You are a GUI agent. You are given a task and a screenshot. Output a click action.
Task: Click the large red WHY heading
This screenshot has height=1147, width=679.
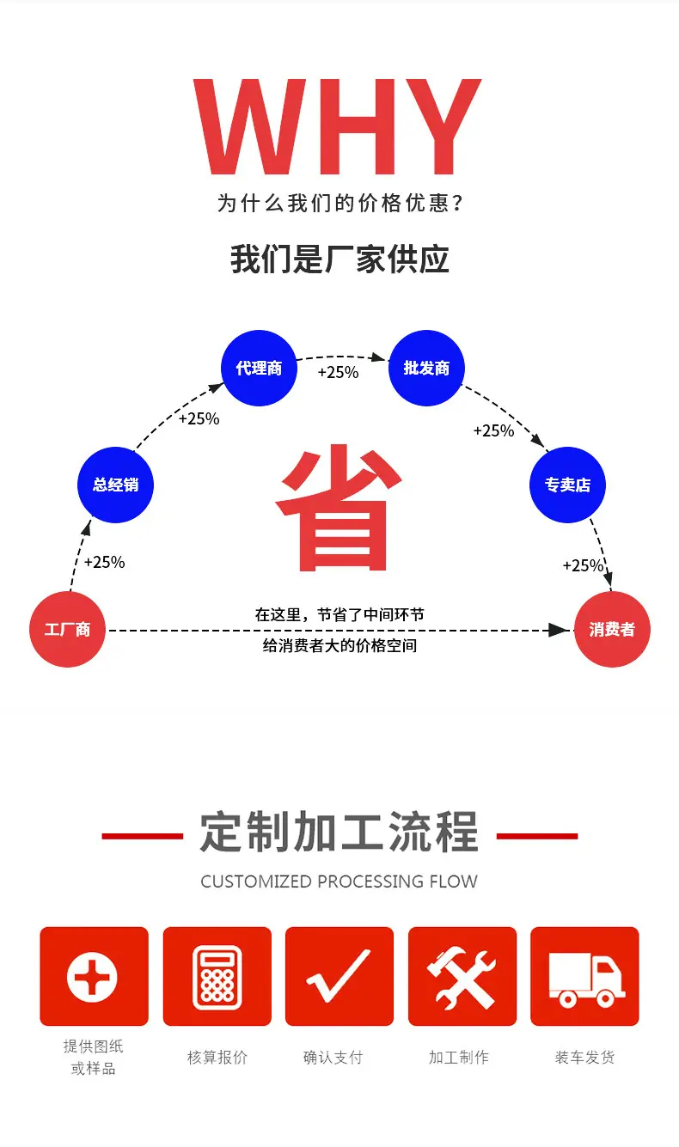(x=338, y=127)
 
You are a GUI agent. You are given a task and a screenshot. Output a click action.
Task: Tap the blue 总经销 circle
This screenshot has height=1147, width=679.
(x=115, y=485)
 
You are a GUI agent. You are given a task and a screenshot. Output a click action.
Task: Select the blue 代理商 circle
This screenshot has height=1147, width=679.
(x=259, y=369)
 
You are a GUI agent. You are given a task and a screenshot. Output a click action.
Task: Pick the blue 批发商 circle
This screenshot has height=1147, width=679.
(x=426, y=369)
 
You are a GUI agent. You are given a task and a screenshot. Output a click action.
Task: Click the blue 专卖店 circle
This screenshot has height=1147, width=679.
(x=567, y=485)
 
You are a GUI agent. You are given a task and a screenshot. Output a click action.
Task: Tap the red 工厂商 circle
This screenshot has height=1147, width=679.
(x=67, y=630)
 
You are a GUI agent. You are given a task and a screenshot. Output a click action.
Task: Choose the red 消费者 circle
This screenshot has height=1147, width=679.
(x=611, y=630)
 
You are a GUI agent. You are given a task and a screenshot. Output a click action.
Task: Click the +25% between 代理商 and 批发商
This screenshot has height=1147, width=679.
(x=338, y=373)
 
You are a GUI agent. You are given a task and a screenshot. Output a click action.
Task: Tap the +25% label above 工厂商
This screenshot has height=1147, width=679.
(x=104, y=563)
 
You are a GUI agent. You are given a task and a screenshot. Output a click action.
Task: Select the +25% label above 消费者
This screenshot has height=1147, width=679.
(x=583, y=566)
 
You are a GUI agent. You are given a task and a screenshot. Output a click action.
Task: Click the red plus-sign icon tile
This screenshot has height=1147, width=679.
(x=94, y=976)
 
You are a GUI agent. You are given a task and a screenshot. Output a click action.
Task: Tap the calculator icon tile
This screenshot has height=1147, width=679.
(x=217, y=976)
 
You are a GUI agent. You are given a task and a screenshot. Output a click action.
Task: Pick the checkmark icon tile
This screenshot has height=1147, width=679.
(x=339, y=976)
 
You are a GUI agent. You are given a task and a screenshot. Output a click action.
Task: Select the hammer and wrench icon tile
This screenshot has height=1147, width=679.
(x=462, y=976)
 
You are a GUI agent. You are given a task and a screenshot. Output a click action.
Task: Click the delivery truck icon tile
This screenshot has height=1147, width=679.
(x=584, y=976)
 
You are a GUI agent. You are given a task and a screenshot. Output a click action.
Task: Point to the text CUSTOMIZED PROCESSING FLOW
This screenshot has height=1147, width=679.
(x=339, y=882)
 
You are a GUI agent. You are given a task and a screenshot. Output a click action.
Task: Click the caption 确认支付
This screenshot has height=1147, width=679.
(x=333, y=1058)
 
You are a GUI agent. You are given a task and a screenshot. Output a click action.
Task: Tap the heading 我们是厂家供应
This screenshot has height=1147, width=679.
(x=339, y=259)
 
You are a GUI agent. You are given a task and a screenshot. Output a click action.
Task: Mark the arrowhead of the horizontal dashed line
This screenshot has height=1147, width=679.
(x=560, y=631)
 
